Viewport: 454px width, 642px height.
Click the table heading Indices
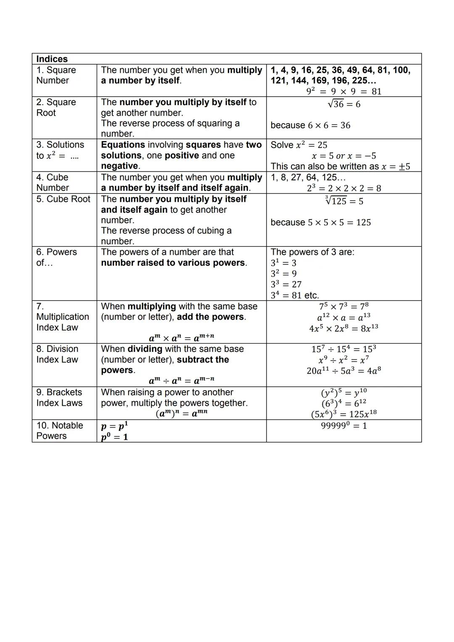52,59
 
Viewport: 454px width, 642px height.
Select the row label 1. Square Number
56,75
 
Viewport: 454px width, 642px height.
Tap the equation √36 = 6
344,104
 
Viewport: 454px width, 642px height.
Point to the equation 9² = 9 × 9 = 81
344,91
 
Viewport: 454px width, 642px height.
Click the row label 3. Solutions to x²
60,150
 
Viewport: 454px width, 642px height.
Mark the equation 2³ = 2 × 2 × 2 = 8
344,188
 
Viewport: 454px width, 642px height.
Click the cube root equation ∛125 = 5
344,201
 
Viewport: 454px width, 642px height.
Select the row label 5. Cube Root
63,199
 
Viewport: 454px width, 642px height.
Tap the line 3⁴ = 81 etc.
295,295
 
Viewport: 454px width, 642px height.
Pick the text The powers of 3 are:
312,252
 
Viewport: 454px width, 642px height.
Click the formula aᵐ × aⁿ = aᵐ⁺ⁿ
181,337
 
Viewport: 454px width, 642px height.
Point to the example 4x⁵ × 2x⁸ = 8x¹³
343,328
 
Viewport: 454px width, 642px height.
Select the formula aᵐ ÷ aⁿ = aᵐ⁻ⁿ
181,380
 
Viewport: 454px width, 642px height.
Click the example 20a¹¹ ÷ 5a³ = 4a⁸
343,370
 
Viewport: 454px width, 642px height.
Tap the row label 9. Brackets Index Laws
59,398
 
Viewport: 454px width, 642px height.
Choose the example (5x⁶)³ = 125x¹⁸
343,414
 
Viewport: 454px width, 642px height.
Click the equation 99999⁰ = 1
343,425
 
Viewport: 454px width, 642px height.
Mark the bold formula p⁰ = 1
114,437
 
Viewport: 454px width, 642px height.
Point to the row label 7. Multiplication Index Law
62,317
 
